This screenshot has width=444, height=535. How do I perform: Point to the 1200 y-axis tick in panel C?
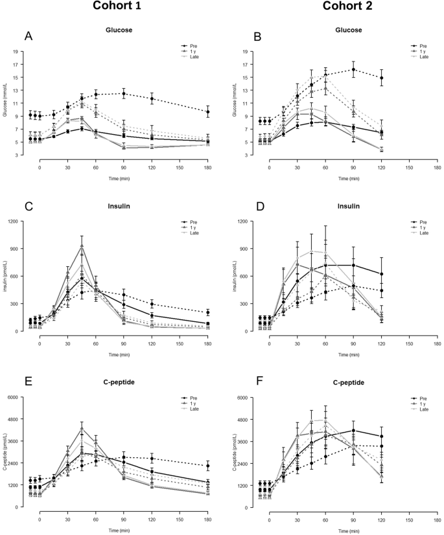coord(20,221)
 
